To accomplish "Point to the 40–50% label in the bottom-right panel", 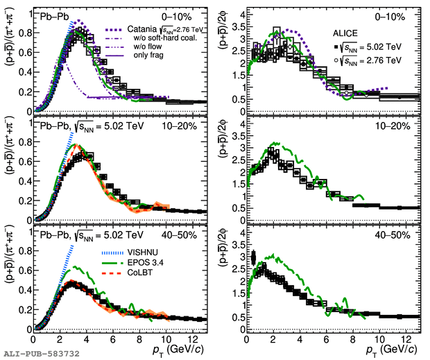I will click(x=402, y=237).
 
